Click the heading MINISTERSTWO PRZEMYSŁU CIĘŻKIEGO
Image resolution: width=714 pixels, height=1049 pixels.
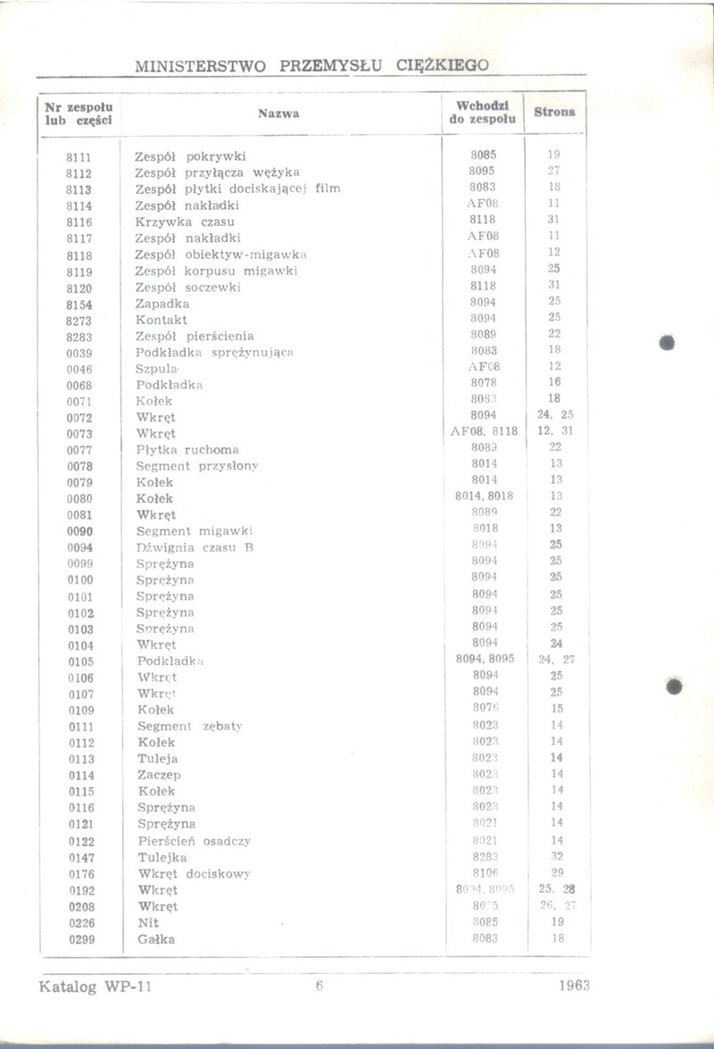[x=312, y=66]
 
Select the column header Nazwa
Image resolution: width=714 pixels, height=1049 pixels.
[x=278, y=113]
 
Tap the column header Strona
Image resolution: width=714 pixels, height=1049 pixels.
[x=554, y=112]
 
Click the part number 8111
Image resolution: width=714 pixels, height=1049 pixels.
[x=79, y=156]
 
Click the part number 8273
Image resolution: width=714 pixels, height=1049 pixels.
[x=79, y=320]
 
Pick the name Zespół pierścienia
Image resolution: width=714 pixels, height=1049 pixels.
[x=194, y=337]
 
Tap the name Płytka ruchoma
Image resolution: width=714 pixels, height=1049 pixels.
[x=187, y=450]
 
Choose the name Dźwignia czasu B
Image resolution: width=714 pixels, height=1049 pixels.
[x=195, y=547]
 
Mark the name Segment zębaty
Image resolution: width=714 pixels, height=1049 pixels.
[x=190, y=727]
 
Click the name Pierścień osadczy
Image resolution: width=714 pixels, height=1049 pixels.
[x=194, y=841]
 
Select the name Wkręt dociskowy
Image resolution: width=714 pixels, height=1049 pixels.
[x=194, y=873]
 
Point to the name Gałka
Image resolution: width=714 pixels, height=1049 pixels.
[x=156, y=939]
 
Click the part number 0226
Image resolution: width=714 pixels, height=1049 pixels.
[x=81, y=922]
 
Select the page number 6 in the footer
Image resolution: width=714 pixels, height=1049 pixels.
[x=318, y=987]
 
